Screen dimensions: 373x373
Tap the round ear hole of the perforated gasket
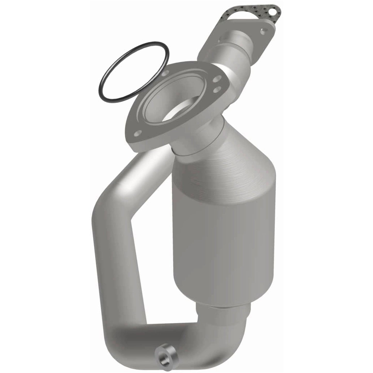271,11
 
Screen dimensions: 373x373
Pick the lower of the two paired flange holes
217,89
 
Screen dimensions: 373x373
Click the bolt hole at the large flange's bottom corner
138,133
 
